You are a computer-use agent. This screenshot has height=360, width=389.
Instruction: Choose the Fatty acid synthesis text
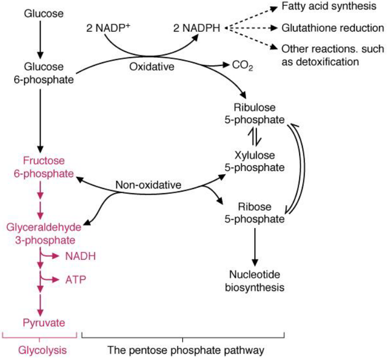tap(329, 8)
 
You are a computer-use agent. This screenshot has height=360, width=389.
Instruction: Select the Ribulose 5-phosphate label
tap(253, 112)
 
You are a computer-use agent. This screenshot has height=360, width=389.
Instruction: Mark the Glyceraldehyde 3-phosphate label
tap(44, 233)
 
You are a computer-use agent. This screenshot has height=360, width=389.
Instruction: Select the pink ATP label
tap(75, 279)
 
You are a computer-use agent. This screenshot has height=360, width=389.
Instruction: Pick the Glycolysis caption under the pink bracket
tap(40, 349)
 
